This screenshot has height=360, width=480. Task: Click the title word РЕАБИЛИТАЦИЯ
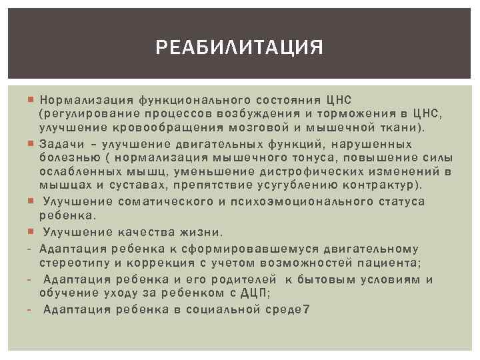pos(239,48)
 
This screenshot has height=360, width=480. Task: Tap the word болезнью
pos(67,157)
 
